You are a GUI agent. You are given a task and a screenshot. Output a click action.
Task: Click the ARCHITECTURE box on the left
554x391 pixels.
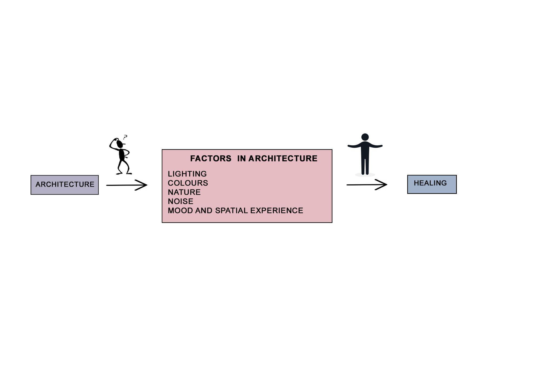65,185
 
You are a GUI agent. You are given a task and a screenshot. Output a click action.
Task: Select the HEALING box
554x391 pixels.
432,184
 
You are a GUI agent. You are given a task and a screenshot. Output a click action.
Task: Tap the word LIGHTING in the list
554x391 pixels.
187,174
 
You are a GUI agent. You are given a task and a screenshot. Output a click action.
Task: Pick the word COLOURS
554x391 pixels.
188,183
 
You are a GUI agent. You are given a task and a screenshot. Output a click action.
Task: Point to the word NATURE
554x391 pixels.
184,192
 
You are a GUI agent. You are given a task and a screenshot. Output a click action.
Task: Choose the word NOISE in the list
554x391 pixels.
180,201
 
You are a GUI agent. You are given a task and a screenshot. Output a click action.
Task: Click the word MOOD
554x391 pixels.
180,211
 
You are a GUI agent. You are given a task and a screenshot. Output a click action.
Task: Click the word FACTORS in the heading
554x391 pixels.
211,159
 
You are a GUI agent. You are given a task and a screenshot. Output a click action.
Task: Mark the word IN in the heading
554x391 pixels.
242,159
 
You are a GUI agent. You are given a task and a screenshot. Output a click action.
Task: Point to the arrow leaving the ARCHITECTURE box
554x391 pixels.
127,185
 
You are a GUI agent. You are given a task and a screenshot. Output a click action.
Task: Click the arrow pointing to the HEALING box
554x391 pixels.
367,185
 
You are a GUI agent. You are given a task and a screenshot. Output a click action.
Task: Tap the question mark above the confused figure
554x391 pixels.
125,137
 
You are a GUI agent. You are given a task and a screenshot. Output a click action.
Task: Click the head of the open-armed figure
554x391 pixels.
365,137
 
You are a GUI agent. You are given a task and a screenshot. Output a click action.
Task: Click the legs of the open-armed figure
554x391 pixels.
365,165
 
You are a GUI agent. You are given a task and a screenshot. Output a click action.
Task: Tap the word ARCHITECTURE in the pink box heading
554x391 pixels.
283,159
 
